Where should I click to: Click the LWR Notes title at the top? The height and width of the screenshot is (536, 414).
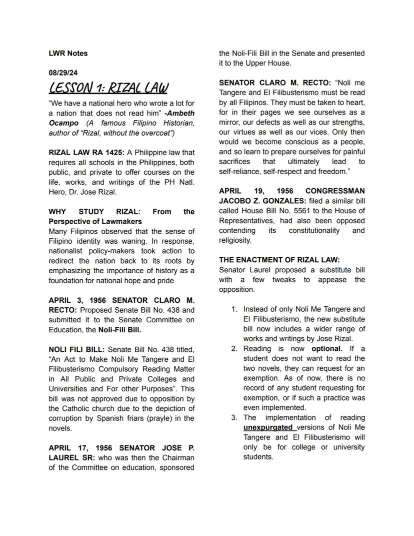point(68,53)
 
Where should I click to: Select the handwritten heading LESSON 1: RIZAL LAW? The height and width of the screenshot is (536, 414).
point(108,89)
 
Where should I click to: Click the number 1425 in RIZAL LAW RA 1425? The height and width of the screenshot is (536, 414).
point(112,153)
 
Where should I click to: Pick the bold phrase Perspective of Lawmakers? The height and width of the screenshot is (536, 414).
point(95,221)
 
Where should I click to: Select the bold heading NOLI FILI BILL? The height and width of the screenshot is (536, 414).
point(76,349)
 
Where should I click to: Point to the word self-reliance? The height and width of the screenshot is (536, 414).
point(240,172)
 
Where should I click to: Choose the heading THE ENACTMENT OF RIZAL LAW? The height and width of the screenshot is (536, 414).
point(279,260)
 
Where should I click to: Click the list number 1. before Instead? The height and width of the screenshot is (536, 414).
point(234,310)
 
